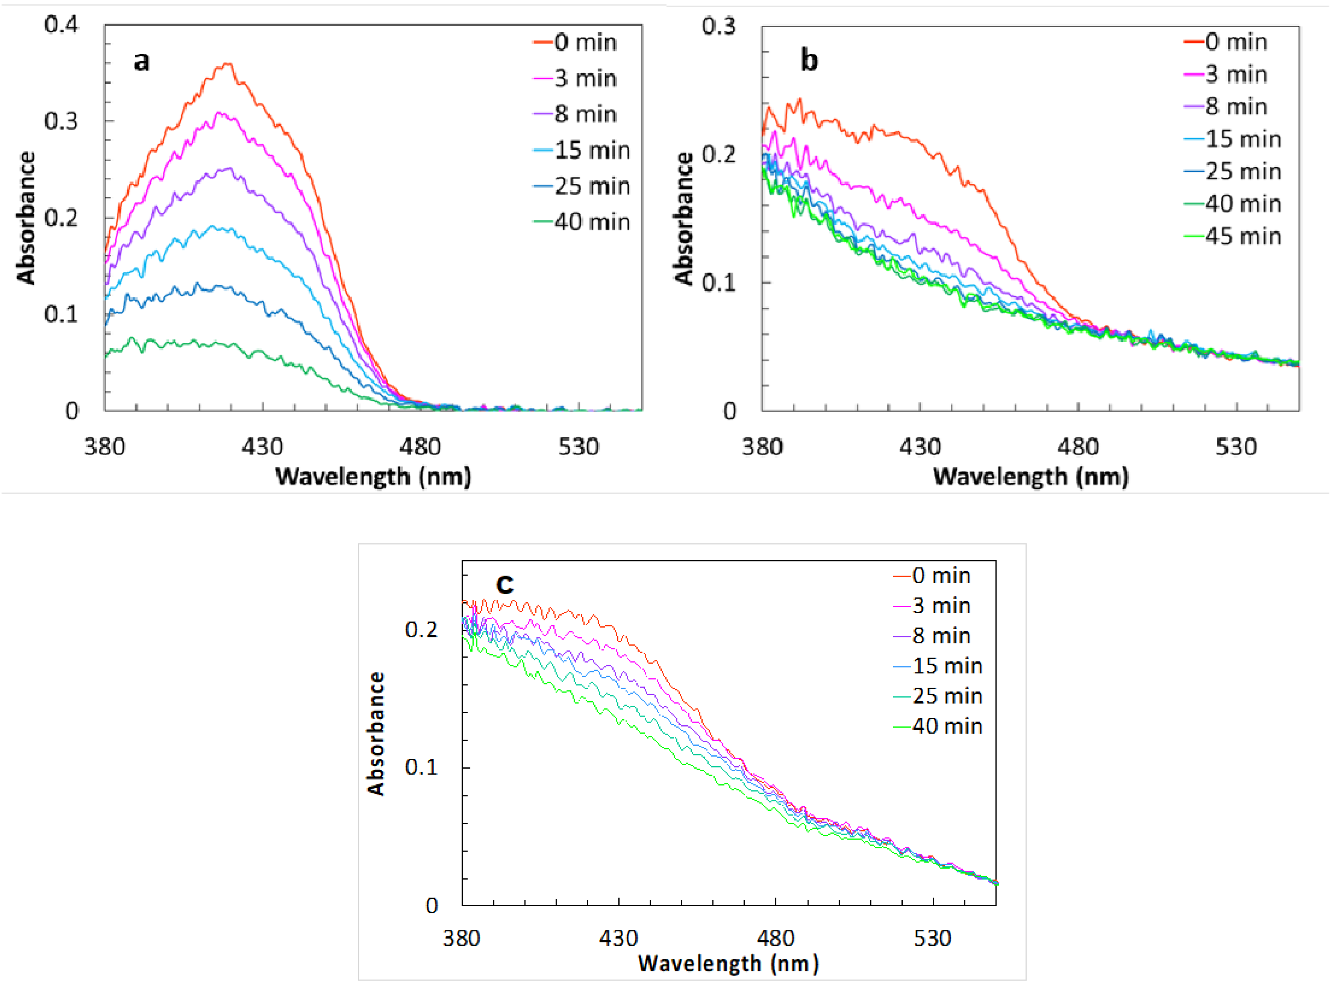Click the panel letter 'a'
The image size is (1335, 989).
pyautogui.click(x=141, y=61)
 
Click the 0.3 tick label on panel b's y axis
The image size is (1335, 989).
pyautogui.click(x=718, y=26)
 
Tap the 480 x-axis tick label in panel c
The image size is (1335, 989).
pyautogui.click(x=775, y=938)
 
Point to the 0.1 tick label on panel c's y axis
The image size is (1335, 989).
pyautogui.click(x=421, y=767)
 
